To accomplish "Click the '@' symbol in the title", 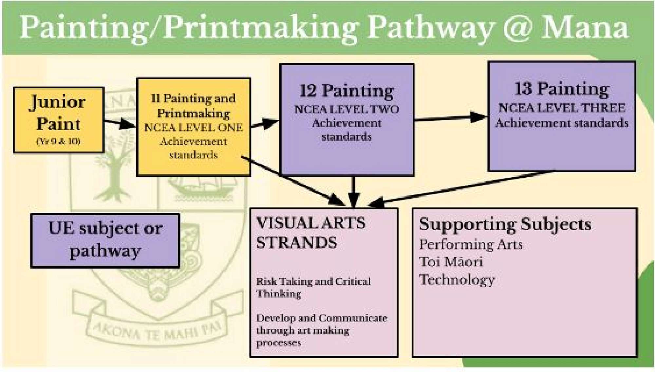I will tap(516, 27).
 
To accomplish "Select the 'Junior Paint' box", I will tap(58, 120).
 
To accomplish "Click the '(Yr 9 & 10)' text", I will tap(58, 141).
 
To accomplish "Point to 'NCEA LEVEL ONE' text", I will tap(194, 127).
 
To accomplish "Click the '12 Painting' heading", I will tap(347, 91).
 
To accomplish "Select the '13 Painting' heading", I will tap(562, 89).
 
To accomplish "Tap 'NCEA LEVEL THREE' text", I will tap(562, 108).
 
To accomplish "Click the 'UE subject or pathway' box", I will tap(105, 240).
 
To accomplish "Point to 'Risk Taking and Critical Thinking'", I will tap(313, 287).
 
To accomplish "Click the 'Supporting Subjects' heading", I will tap(505, 225).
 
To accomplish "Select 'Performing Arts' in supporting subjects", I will tap(471, 244).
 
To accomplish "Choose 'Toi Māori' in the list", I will tap(451, 262).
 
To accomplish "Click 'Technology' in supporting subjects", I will tap(457, 280).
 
